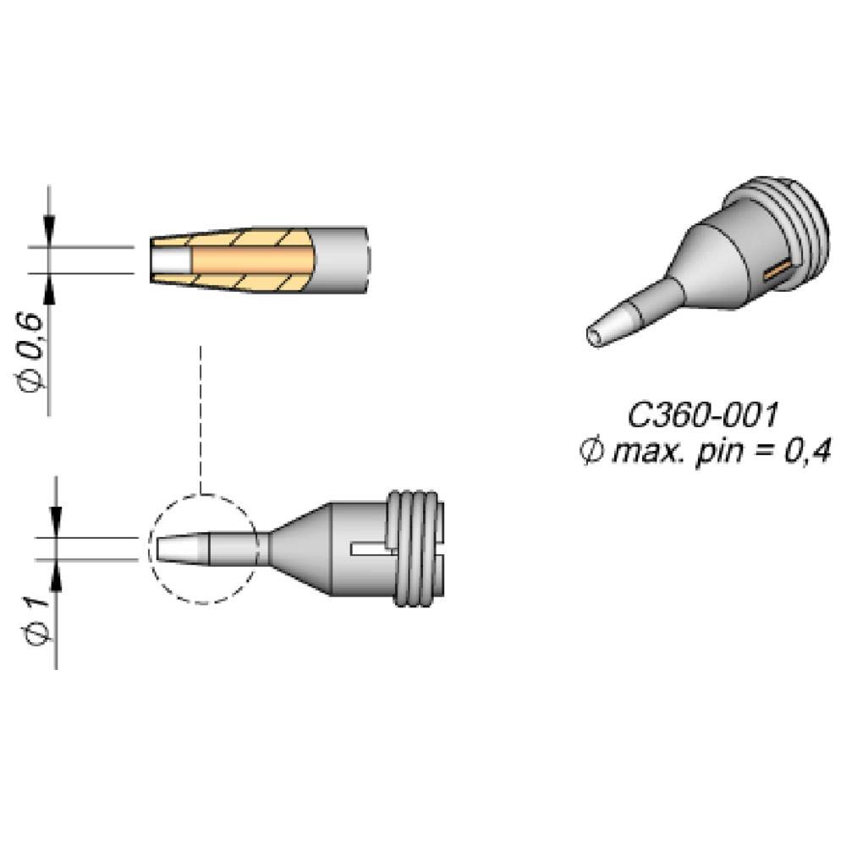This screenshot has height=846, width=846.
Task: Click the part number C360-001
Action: click(702, 416)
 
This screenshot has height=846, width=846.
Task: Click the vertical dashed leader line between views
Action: click(201, 419)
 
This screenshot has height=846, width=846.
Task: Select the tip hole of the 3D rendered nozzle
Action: click(596, 338)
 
